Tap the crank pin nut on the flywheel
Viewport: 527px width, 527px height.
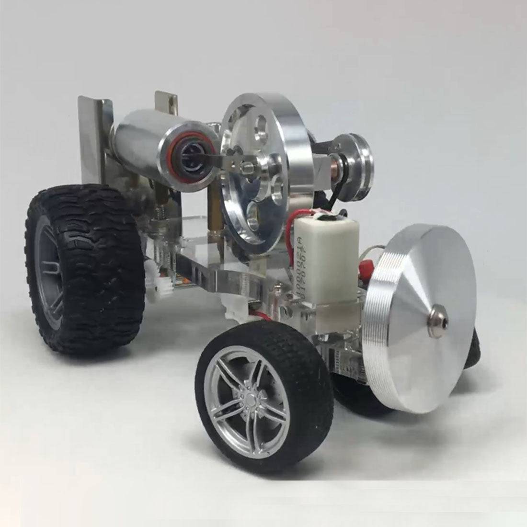click(x=248, y=168)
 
